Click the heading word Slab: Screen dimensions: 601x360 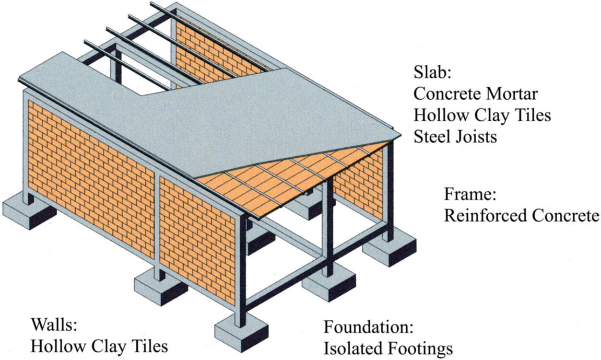(432, 72)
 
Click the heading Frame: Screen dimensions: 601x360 (470, 194)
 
